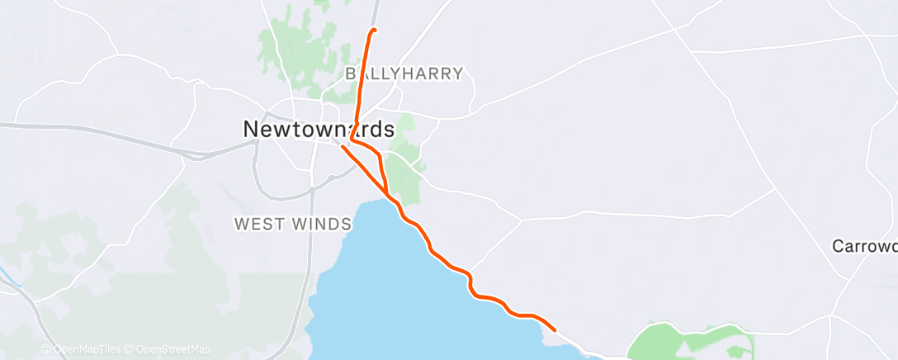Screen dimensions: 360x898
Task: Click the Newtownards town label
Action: (319, 129)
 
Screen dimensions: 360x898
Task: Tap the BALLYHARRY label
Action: (404, 73)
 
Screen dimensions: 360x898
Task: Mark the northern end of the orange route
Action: (374, 31)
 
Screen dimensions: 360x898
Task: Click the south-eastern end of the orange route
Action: (554, 329)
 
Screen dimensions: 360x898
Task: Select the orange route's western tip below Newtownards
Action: (342, 147)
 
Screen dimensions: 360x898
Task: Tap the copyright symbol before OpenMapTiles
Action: (46, 349)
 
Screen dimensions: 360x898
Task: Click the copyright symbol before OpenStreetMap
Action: (131, 349)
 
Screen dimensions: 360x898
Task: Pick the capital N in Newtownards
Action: (251, 129)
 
